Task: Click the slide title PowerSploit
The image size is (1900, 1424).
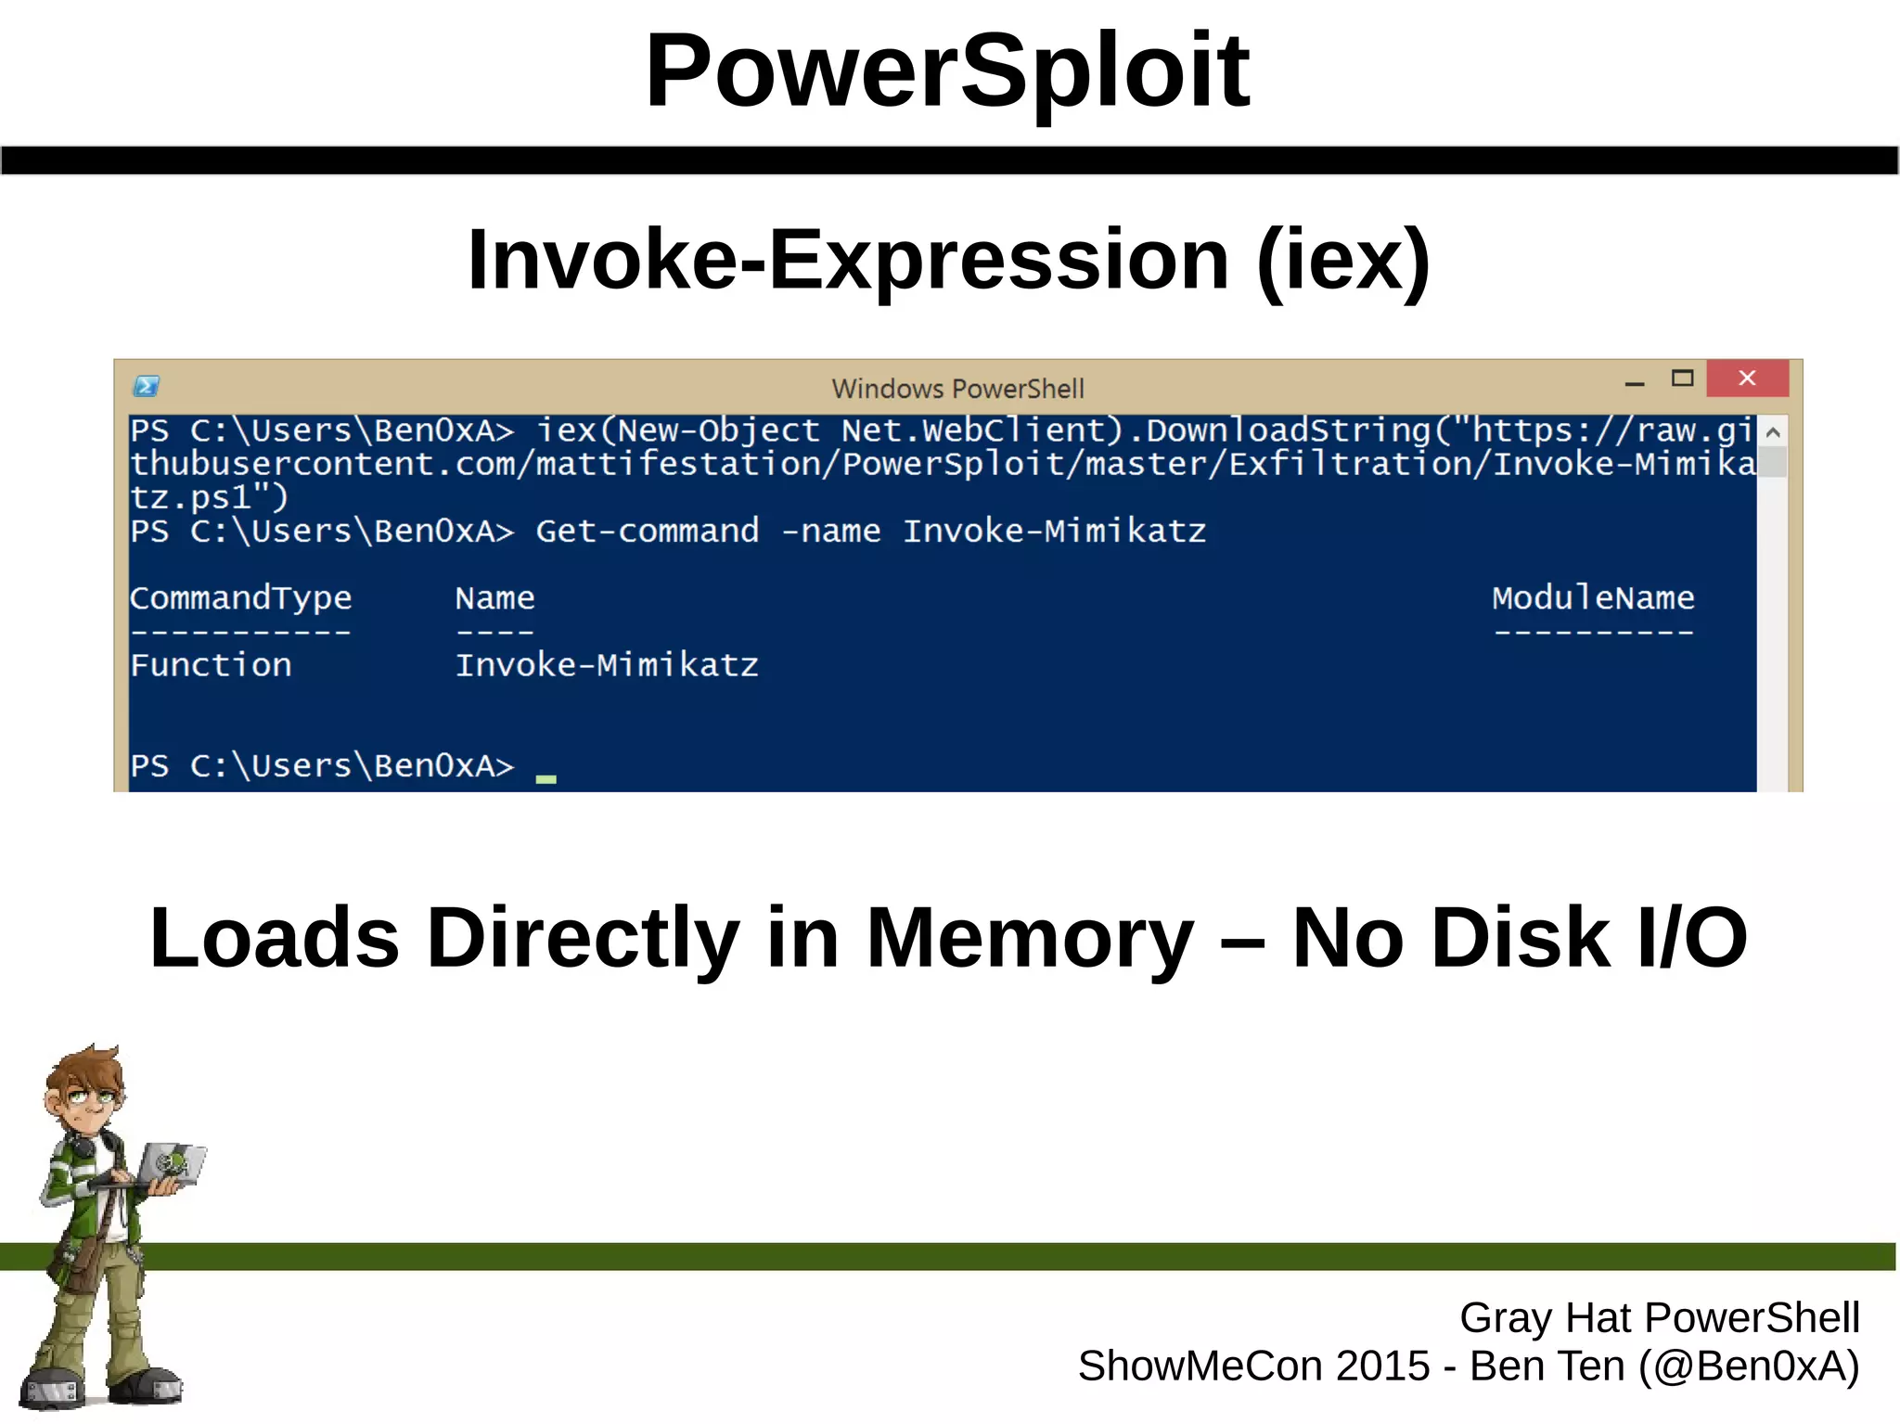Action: [947, 71]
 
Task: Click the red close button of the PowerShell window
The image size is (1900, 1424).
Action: [1747, 378]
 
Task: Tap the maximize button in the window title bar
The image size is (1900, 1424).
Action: [1682, 378]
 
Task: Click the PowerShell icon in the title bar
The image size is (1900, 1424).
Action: [147, 386]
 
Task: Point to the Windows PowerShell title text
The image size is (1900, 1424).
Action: [957, 389]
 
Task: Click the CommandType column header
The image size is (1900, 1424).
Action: [240, 598]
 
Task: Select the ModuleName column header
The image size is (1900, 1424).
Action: [1593, 598]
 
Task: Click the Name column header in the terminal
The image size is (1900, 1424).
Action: [494, 598]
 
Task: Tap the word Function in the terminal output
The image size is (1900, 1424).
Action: [211, 665]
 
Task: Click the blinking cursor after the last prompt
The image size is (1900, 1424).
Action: [546, 779]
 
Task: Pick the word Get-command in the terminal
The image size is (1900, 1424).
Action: [647, 532]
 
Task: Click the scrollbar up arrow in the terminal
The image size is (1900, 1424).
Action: [1772, 432]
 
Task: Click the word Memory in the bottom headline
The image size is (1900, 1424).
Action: [1030, 938]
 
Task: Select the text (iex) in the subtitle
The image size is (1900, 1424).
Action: [1343, 261]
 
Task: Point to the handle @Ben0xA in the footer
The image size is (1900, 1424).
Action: [1748, 1366]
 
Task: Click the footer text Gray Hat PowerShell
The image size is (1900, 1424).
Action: [1659, 1318]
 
